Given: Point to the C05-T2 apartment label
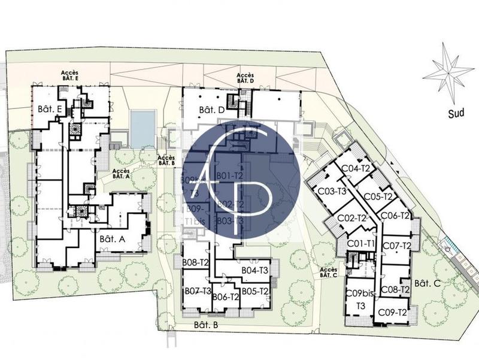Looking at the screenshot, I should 378,196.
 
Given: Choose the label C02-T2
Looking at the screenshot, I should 352,218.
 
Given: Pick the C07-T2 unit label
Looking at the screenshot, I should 396,246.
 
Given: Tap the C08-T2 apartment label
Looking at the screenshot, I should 395,289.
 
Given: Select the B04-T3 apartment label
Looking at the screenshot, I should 254,271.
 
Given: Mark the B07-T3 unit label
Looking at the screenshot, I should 198,292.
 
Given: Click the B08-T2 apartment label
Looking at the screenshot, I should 196,262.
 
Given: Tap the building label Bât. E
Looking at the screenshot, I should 50,108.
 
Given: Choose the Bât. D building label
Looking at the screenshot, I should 211,110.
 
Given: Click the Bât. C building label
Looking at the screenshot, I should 428,283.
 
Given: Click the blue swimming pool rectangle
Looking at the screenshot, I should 142,128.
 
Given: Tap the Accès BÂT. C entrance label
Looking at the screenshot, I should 329,273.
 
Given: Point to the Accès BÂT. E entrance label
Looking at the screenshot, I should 70,75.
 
